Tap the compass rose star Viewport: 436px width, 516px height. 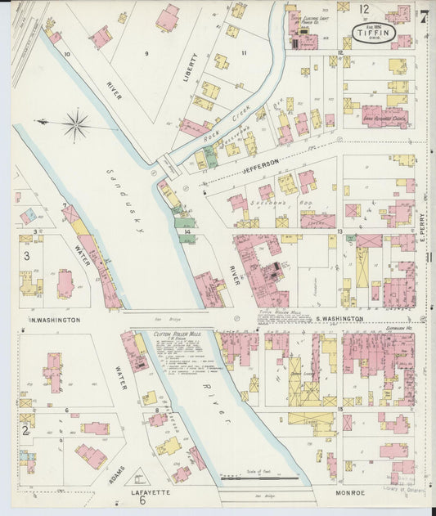75,125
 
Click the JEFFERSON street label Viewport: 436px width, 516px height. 261,163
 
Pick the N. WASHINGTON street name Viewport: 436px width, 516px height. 56,320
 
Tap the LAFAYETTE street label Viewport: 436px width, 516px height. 151,493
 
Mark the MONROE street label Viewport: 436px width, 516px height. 357,493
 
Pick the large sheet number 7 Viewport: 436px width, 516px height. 425,16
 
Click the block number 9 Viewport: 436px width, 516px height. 146,54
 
